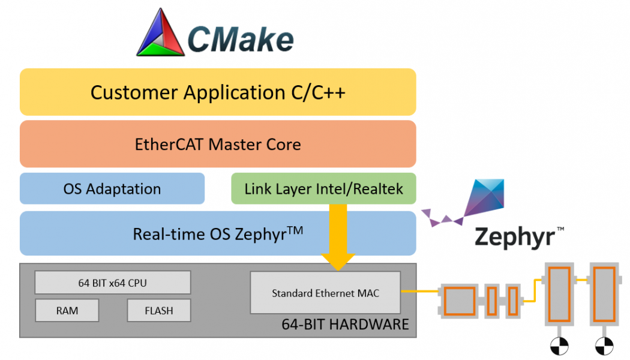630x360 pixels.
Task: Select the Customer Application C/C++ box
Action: tap(218, 92)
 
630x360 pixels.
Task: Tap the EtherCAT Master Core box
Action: tap(218, 144)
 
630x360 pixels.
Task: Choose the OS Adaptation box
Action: tap(112, 189)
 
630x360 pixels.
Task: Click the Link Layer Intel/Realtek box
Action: tap(323, 189)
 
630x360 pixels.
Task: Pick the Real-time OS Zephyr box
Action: tap(218, 233)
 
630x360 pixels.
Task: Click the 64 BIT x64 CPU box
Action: tap(112, 283)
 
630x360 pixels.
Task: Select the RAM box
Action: tap(67, 311)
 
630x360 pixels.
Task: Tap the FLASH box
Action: tap(159, 311)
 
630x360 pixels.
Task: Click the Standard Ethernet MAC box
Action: tap(325, 293)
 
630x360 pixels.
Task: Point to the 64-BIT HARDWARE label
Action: tap(345, 325)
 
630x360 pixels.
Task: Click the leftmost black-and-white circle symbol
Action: tap(558, 346)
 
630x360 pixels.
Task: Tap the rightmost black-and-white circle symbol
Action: tap(604, 346)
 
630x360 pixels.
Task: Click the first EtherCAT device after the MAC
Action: tap(460, 300)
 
